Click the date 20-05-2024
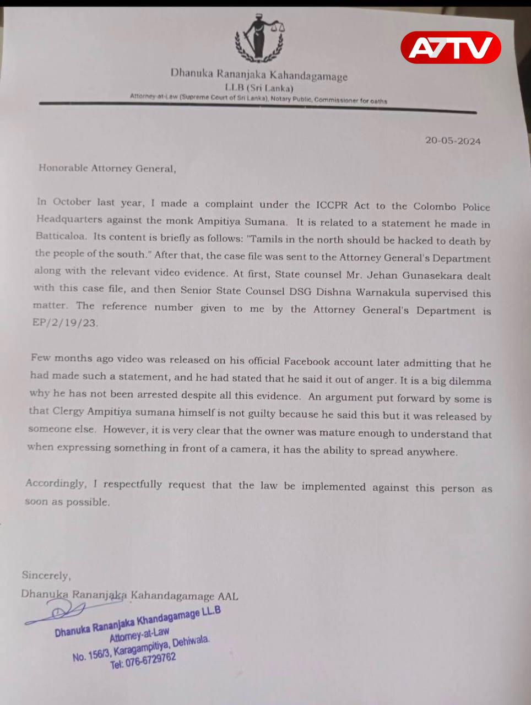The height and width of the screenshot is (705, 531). pyautogui.click(x=453, y=140)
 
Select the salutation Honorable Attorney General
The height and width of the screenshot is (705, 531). pyautogui.click(x=107, y=169)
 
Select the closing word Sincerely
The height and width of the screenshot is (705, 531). pyautogui.click(x=46, y=575)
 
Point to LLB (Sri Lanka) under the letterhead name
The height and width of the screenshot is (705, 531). pyautogui.click(x=259, y=88)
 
